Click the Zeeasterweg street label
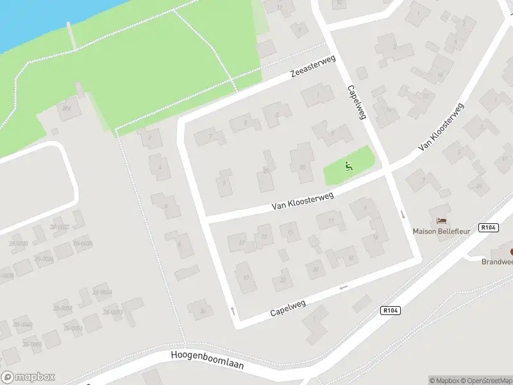(x=314, y=66)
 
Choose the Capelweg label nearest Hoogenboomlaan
(x=287, y=307)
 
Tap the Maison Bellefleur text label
(x=442, y=230)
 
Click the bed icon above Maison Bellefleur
(x=442, y=221)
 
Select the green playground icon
(x=349, y=167)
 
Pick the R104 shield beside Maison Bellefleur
(x=489, y=227)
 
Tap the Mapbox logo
(x=28, y=377)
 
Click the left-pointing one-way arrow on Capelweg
(x=344, y=286)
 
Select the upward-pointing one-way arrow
(x=232, y=311)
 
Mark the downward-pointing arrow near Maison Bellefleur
(x=403, y=214)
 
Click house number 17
(x=241, y=243)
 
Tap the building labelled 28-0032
(x=61, y=227)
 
